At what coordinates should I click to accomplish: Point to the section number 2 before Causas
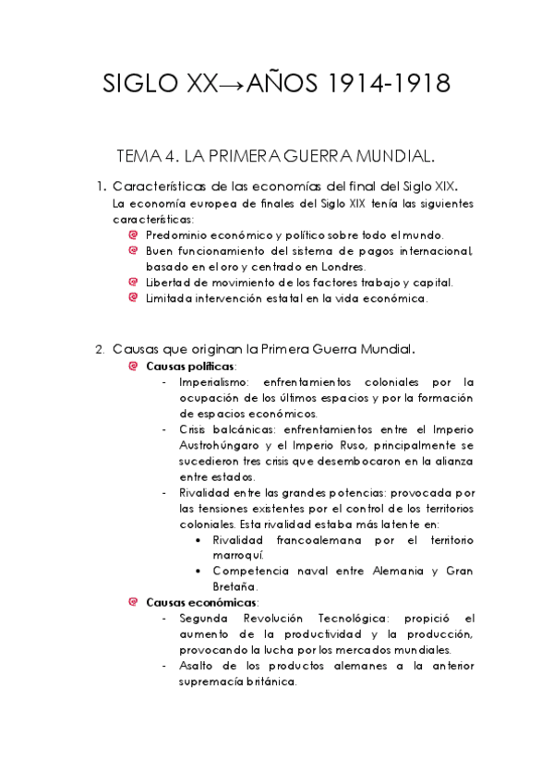pos(101,350)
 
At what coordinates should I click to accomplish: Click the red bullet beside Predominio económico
pos(134,235)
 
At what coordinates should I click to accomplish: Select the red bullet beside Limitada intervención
pos(134,298)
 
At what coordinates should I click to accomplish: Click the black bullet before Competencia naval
pos(199,571)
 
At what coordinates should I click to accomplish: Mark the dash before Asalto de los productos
pos(163,666)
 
